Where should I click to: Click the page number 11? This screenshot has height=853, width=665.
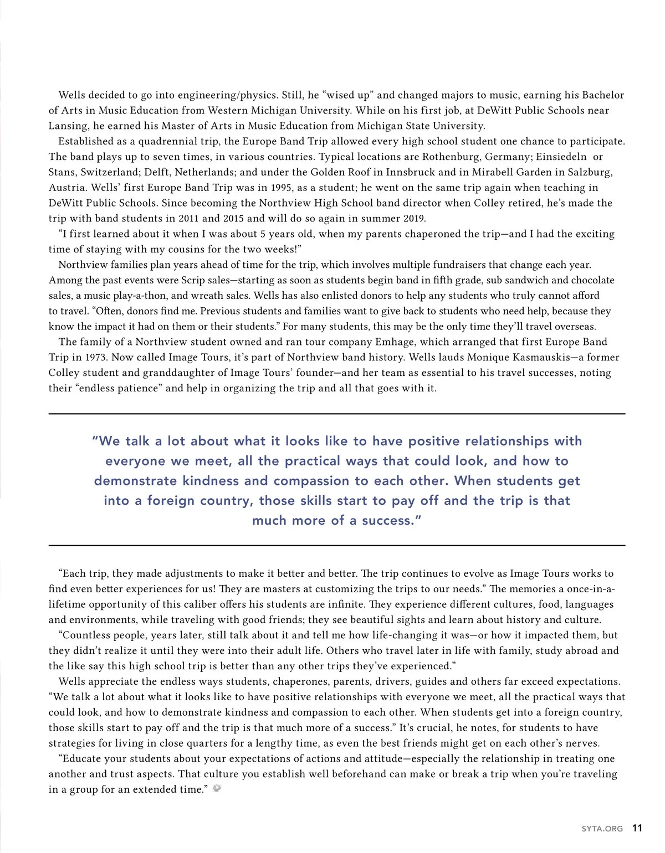637,828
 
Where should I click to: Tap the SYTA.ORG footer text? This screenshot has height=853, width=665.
602,829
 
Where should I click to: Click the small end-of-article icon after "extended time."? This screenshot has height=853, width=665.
217,788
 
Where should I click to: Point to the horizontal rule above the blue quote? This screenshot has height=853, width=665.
337,413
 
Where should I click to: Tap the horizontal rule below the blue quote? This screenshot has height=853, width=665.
337,545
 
